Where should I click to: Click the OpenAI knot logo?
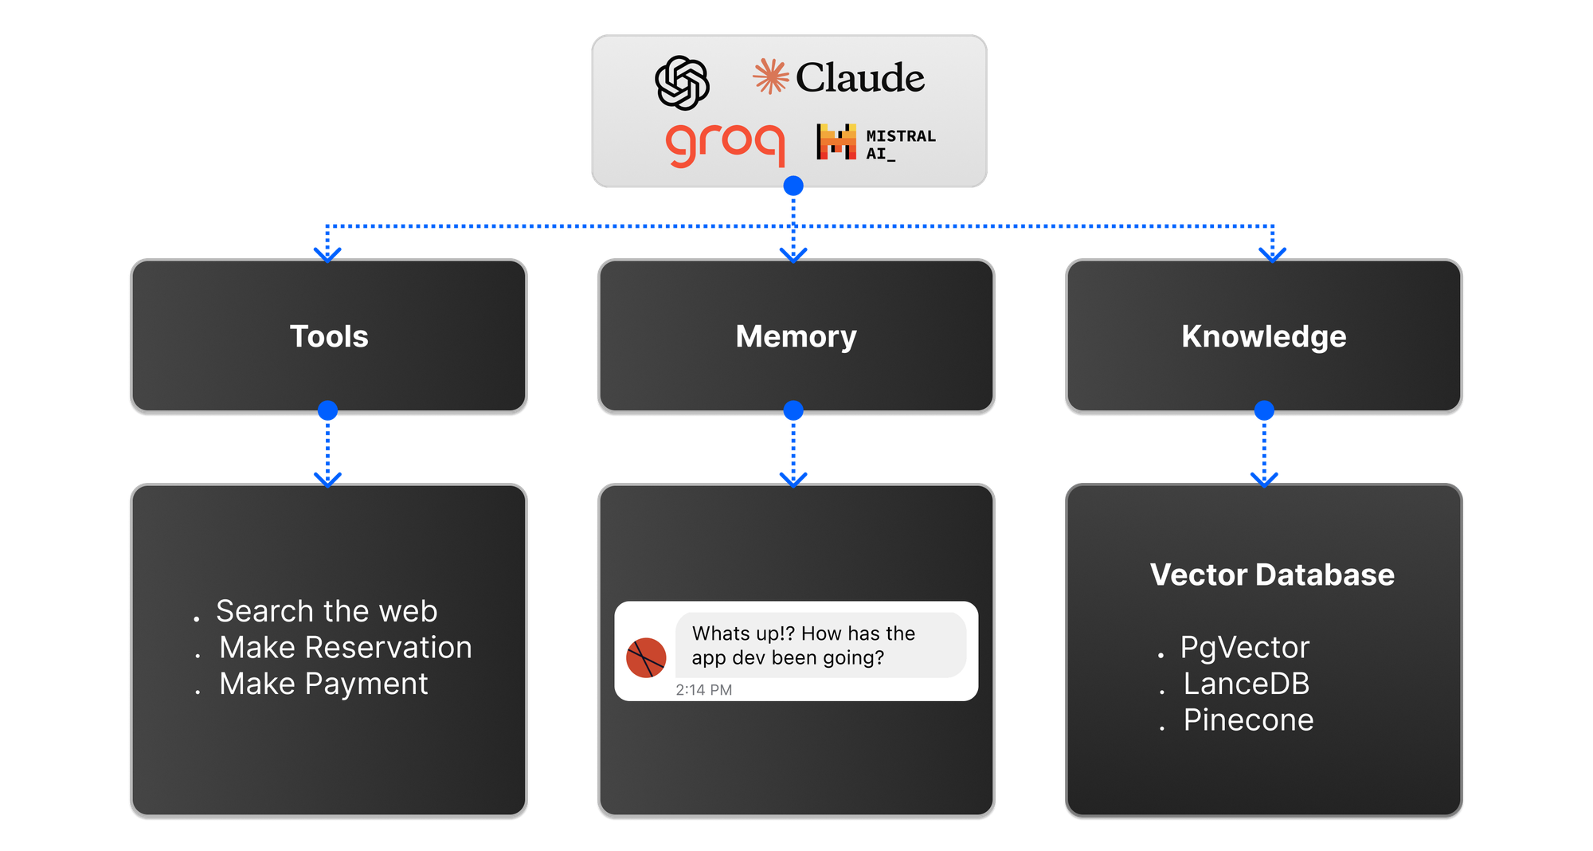pyautogui.click(x=682, y=82)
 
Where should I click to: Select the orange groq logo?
pyautogui.click(x=725, y=144)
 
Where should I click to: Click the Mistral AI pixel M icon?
pyautogui.click(x=836, y=142)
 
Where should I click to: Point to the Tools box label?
pyautogui.click(x=329, y=336)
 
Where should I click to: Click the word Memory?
pyautogui.click(x=796, y=336)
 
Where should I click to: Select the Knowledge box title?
pyautogui.click(x=1263, y=336)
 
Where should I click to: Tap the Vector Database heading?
pyautogui.click(x=1272, y=575)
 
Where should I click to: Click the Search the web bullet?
pyautogui.click(x=327, y=611)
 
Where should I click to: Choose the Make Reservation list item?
pyautogui.click(x=345, y=647)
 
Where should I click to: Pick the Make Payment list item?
pyautogui.click(x=323, y=684)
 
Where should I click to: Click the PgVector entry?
pyautogui.click(x=1244, y=647)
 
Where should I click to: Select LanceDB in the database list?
pyautogui.click(x=1246, y=684)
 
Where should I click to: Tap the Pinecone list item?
pyautogui.click(x=1248, y=720)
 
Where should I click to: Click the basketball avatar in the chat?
pyautogui.click(x=646, y=657)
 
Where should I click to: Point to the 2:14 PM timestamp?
pyautogui.click(x=703, y=690)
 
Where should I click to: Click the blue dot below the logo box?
pyautogui.click(x=793, y=186)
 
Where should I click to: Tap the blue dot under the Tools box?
pyautogui.click(x=327, y=411)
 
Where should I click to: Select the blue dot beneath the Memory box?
pyautogui.click(x=793, y=411)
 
